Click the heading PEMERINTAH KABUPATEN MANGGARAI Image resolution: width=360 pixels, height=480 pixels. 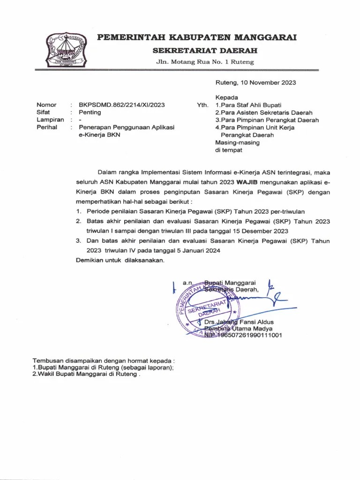click(x=197, y=38)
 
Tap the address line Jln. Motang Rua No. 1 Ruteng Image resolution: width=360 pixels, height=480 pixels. click(x=205, y=62)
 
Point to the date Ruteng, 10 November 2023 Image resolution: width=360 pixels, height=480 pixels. click(x=255, y=82)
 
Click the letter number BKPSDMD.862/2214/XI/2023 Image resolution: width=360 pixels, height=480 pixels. click(x=121, y=105)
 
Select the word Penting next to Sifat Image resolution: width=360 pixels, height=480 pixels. click(x=90, y=112)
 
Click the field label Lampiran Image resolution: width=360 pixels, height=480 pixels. click(x=50, y=120)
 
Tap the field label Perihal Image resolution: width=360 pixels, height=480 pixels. click(x=47, y=127)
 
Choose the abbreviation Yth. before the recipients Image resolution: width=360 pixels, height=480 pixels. click(x=202, y=105)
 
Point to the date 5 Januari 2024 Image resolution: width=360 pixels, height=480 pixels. click(x=193, y=250)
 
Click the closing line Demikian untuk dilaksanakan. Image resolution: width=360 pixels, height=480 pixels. click(x=120, y=260)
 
